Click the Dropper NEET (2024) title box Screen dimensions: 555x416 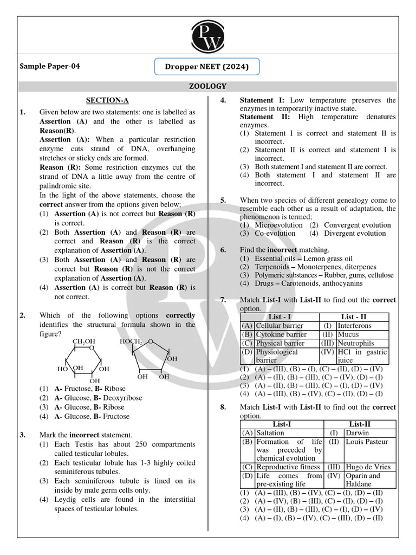tap(208, 67)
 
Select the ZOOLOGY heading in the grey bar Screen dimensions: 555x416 tap(208, 86)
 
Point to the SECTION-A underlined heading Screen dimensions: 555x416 tap(108, 100)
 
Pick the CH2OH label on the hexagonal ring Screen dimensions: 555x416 tap(84, 341)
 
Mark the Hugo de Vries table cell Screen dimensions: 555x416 tap(366, 467)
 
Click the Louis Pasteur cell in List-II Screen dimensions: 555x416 tap(366, 442)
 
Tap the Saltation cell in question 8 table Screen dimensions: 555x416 tap(270, 433)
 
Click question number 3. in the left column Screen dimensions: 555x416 tap(23, 435)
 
